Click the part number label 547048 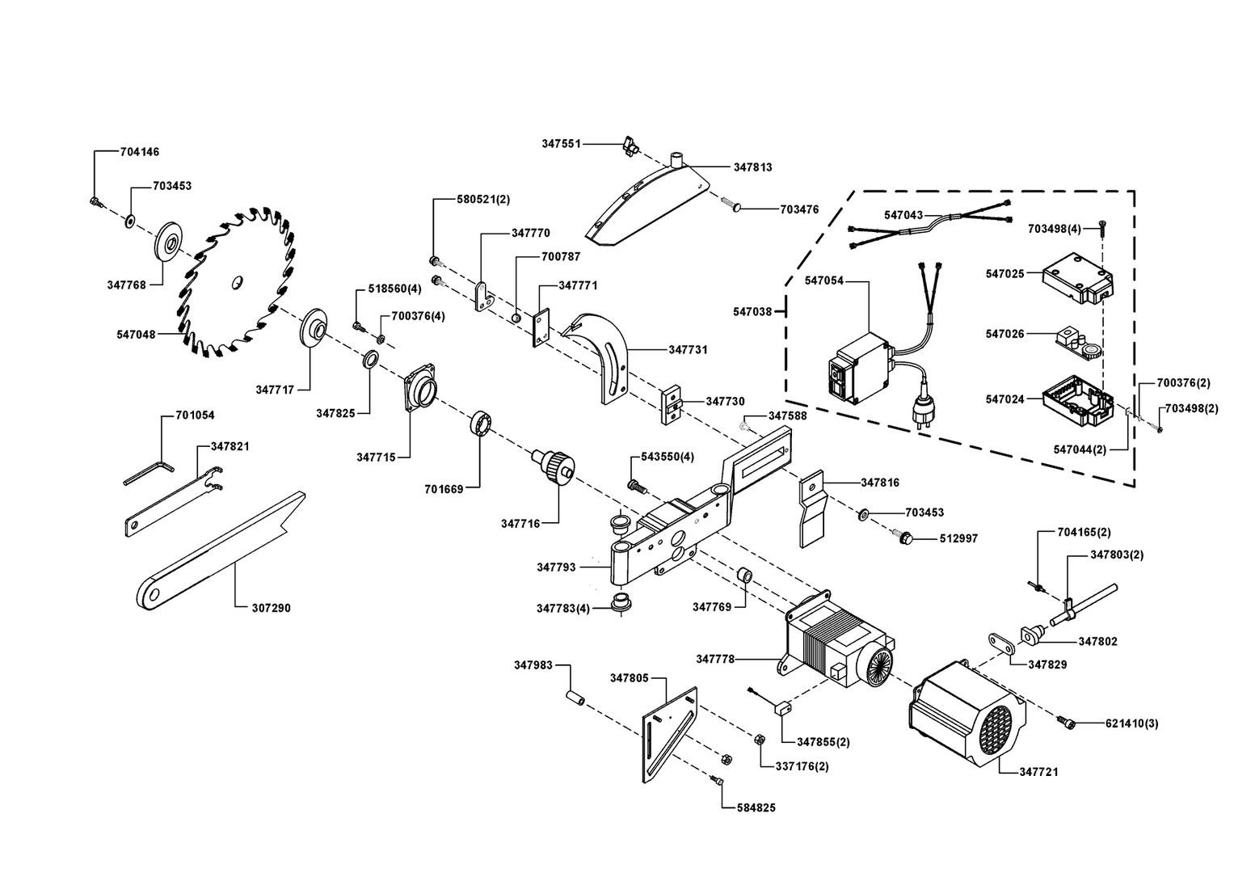coord(136,333)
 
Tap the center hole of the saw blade coord(235,282)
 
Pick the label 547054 coord(823,280)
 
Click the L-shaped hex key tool coord(148,473)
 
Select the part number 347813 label coord(752,167)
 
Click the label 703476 coord(799,209)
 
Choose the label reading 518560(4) coord(394,289)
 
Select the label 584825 coord(756,808)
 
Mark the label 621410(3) coord(1131,723)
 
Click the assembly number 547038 coord(752,311)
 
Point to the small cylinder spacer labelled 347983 coord(575,696)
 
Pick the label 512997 coord(958,538)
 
